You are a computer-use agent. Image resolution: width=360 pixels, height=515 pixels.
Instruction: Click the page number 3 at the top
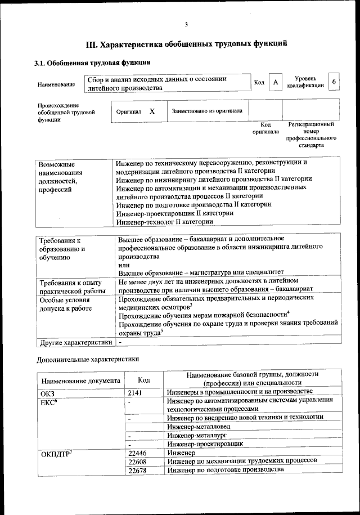click(x=186, y=24)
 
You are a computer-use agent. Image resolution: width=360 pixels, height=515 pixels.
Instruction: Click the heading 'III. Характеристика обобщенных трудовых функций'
click(x=186, y=43)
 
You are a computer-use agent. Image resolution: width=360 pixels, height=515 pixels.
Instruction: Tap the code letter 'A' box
click(x=276, y=82)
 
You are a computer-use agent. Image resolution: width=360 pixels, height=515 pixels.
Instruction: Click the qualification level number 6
click(x=334, y=82)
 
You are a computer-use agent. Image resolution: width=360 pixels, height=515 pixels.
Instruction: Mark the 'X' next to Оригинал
click(x=152, y=111)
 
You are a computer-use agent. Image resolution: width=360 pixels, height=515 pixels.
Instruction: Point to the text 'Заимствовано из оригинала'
click(x=207, y=111)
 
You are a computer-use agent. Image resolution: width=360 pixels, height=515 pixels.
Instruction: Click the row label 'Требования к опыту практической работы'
click(x=71, y=286)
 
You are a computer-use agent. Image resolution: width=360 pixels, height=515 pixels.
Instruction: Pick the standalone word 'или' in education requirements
click(x=124, y=264)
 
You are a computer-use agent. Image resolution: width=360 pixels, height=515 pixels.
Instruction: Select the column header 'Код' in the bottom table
click(x=144, y=380)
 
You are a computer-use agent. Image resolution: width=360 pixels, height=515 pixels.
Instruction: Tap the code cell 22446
click(x=137, y=453)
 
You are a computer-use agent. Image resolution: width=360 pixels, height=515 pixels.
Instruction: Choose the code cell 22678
click(x=137, y=470)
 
